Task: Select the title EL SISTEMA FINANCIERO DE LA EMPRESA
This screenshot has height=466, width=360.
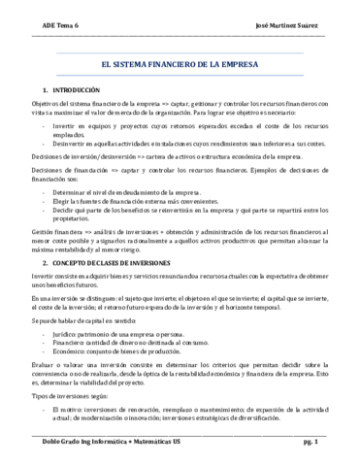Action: pyautogui.click(x=180, y=61)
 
